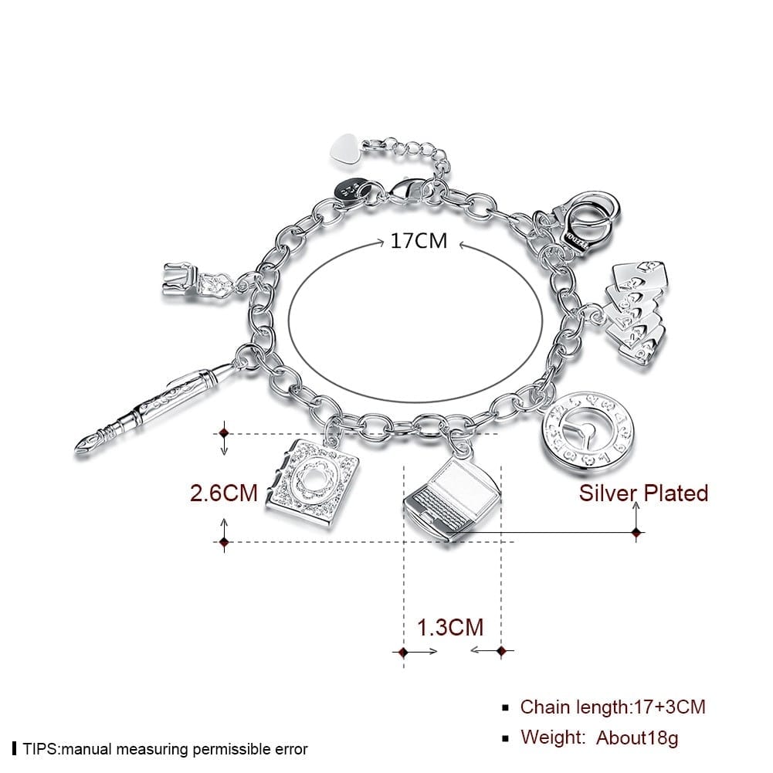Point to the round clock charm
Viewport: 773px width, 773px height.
tap(586, 435)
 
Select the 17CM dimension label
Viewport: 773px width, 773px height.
tap(419, 241)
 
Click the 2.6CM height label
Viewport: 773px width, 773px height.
tap(224, 493)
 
